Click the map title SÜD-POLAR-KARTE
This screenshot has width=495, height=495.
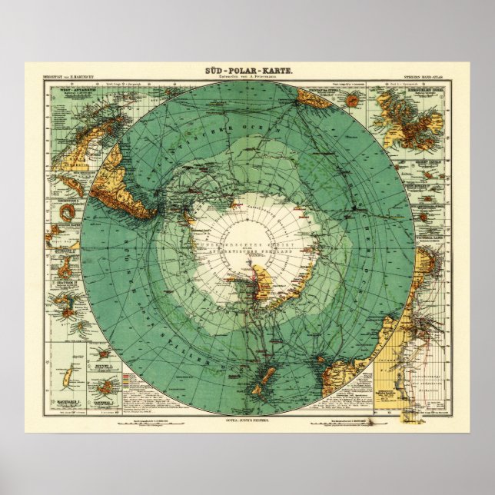(247, 71)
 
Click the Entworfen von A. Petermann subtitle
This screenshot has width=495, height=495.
(247, 78)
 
